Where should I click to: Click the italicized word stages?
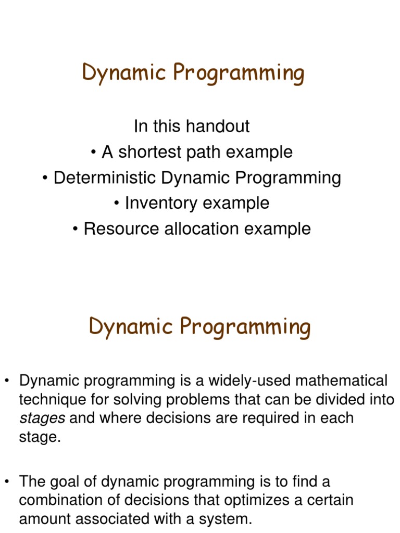42,418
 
